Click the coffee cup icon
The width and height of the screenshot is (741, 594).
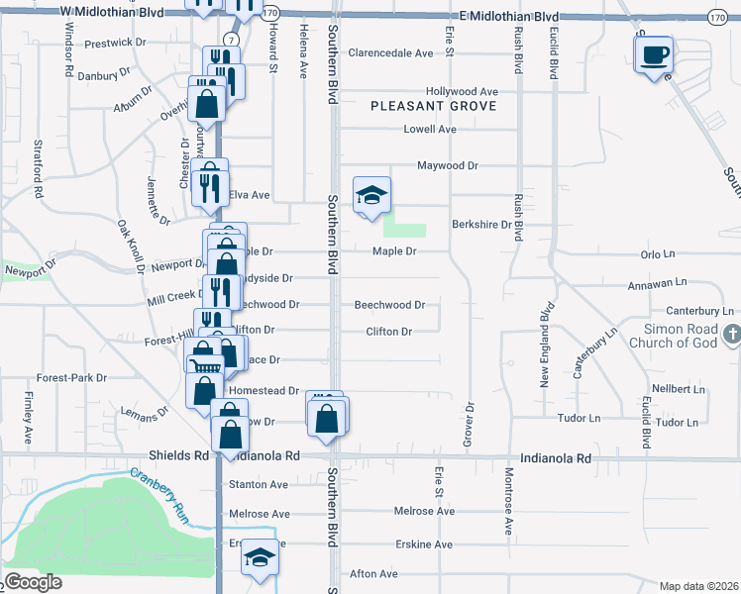pyautogui.click(x=654, y=54)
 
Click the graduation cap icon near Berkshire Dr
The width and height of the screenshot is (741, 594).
pyautogui.click(x=371, y=194)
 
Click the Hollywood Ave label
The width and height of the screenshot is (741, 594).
pyautogui.click(x=461, y=91)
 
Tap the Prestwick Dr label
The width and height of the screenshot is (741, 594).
pyautogui.click(x=115, y=44)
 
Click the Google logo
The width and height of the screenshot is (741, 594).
pyautogui.click(x=33, y=582)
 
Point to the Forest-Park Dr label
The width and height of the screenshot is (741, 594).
pyautogui.click(x=71, y=378)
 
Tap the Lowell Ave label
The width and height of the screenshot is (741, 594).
pyautogui.click(x=430, y=130)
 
